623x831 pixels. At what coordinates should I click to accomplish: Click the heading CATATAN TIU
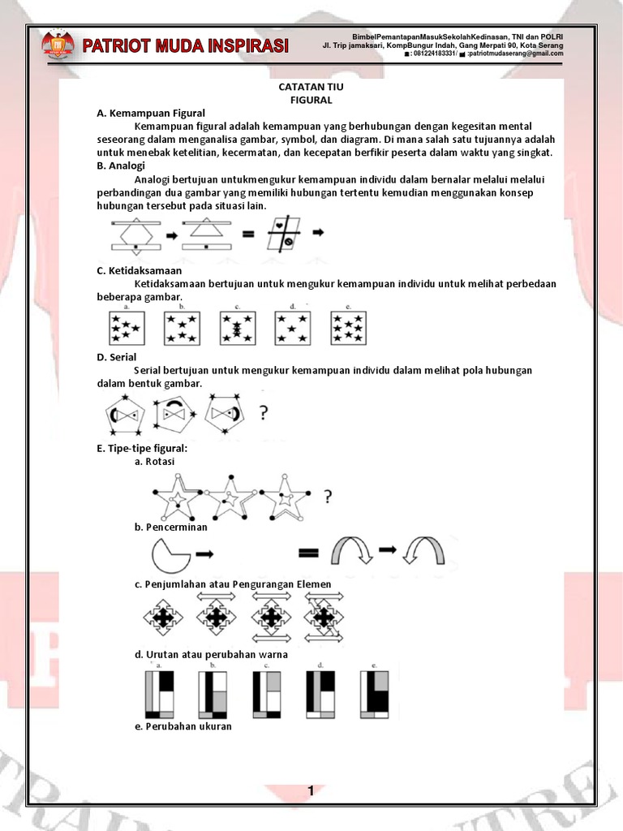311,85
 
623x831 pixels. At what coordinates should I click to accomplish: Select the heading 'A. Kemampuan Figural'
151,113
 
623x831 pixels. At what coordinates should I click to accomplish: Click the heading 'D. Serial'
117,356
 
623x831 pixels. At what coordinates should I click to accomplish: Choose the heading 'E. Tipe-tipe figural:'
142,447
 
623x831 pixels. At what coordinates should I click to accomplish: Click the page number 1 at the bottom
311,790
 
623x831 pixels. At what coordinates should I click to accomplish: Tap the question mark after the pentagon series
263,414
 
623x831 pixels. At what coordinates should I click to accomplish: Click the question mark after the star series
327,496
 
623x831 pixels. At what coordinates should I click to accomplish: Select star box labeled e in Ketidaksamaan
349,329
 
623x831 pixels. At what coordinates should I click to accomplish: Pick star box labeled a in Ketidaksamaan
127,329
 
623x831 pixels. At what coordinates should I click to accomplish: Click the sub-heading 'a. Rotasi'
155,461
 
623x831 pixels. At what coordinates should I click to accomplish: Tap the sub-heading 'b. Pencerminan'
171,527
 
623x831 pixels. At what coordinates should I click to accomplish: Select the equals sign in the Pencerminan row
309,554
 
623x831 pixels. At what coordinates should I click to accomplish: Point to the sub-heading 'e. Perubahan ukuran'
183,726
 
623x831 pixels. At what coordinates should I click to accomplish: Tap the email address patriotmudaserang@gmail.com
515,54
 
